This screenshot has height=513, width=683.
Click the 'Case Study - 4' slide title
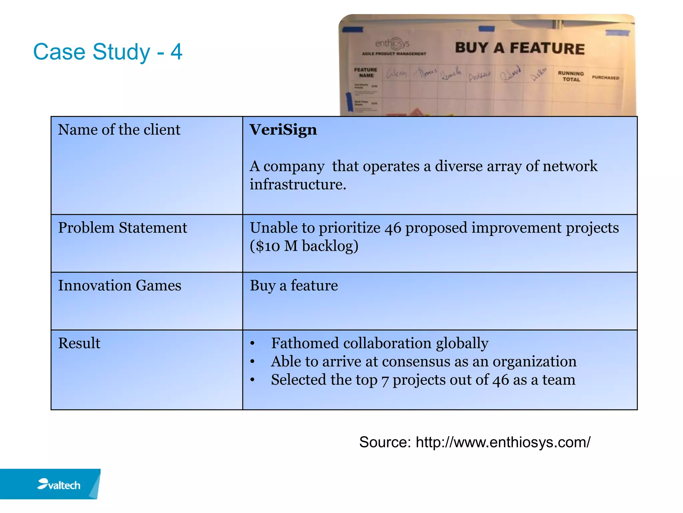(108, 52)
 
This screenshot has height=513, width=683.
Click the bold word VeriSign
(283, 130)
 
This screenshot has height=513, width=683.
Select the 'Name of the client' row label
(119, 130)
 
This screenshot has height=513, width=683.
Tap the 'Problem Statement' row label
(122, 228)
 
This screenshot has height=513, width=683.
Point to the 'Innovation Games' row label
(119, 286)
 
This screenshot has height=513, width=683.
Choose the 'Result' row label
(79, 343)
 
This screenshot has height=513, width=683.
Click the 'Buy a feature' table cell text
(293, 286)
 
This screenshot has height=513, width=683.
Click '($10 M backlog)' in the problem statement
(304, 246)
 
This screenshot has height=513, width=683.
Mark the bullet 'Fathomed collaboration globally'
(380, 343)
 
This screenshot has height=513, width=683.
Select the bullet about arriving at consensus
(424, 362)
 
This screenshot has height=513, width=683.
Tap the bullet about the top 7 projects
(423, 380)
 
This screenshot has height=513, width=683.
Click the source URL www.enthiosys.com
(503, 442)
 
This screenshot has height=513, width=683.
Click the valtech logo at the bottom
(59, 484)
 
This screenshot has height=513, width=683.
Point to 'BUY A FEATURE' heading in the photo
(520, 48)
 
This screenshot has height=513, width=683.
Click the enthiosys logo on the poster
(393, 44)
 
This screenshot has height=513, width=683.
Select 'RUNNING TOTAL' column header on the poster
(571, 76)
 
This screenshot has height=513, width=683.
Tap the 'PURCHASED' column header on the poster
(605, 77)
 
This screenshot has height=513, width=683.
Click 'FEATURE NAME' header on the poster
(366, 72)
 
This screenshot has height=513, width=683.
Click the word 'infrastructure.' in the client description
(298, 184)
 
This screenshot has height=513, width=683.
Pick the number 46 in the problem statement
(393, 228)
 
